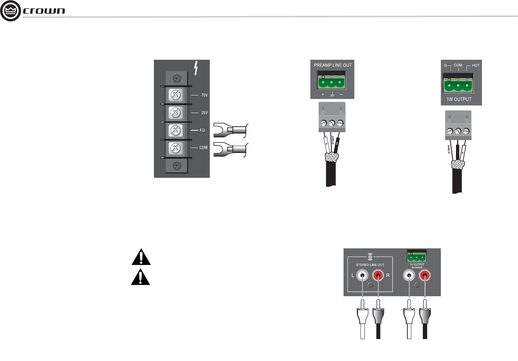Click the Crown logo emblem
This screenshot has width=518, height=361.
pos(10,11)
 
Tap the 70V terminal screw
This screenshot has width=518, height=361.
pos(176,95)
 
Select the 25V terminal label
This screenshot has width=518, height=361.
pos(204,113)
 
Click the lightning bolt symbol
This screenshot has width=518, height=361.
pos(196,68)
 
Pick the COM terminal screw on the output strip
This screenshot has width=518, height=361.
pos(176,148)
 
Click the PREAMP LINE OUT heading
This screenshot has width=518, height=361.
pos(332,65)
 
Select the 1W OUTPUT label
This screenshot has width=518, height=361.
pos(459,99)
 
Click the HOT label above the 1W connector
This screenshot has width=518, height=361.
pos(475,66)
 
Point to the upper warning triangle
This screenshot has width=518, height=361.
pos(141,257)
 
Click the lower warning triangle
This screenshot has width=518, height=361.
pos(141,277)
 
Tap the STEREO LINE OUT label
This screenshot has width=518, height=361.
pos(370,265)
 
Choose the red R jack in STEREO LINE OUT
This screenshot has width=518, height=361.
pos(378,276)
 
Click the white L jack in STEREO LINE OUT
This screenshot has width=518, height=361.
pos(362,276)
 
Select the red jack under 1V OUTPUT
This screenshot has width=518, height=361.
pos(425,276)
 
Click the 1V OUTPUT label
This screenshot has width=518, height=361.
pos(417,265)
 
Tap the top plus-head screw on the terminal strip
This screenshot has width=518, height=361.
pos(176,78)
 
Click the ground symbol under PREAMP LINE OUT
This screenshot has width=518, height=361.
pos(332,95)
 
